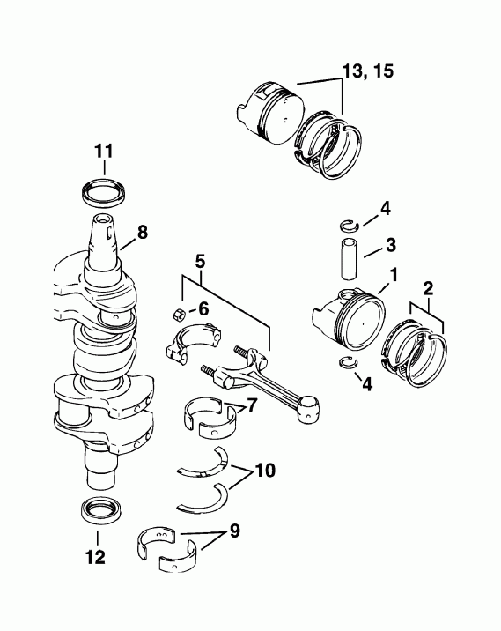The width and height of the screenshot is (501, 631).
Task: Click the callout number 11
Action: (103, 151)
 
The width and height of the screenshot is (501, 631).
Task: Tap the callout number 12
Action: (96, 556)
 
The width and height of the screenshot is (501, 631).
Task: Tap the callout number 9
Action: (234, 531)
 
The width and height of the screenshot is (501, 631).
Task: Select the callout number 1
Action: (394, 275)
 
